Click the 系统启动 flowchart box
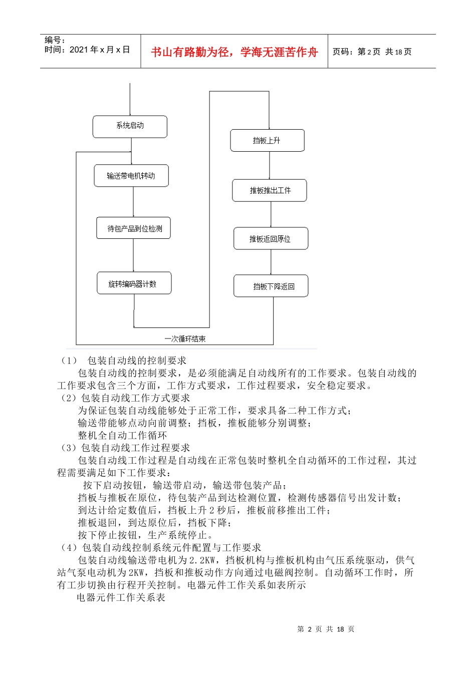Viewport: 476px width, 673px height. (x=130, y=126)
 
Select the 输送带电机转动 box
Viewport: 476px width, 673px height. (x=131, y=176)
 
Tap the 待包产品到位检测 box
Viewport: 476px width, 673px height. (x=134, y=228)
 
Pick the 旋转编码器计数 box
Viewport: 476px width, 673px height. (x=134, y=283)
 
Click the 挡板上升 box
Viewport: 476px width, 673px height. (x=267, y=141)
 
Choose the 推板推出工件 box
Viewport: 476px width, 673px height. (x=270, y=190)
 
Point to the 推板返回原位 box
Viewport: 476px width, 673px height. (x=271, y=239)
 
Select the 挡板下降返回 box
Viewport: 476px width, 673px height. (x=271, y=286)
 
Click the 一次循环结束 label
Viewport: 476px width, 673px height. (x=185, y=339)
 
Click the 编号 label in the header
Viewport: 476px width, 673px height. (x=54, y=40)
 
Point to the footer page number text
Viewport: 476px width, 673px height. (x=326, y=629)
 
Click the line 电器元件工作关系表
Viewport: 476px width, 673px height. (x=121, y=597)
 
